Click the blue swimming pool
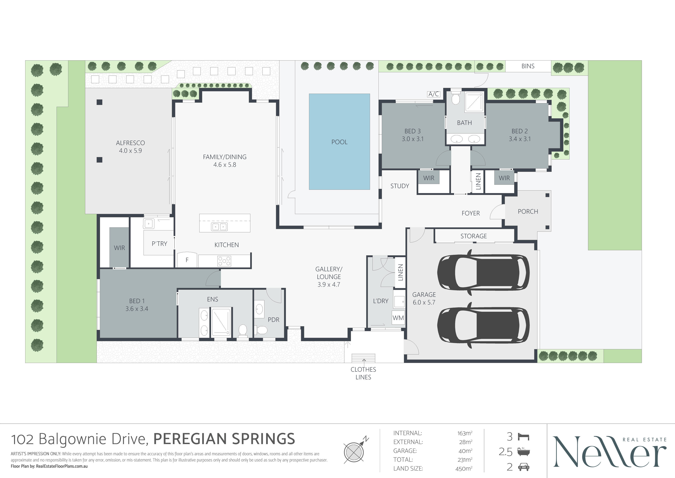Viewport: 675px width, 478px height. (x=339, y=142)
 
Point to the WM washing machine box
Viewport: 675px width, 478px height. (x=398, y=318)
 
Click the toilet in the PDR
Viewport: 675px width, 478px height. (x=261, y=330)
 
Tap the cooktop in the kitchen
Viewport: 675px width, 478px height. (x=224, y=261)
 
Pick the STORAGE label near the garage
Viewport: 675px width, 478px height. (x=473, y=236)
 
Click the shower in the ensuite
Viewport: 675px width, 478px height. (x=221, y=322)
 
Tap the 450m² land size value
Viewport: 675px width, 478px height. (x=464, y=469)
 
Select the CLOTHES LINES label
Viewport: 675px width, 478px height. (x=363, y=373)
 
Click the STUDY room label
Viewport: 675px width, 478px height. (x=399, y=186)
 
